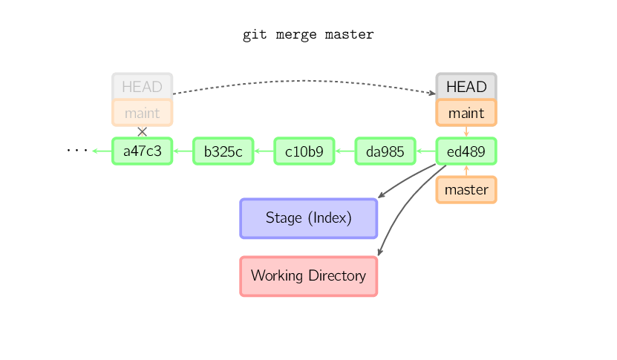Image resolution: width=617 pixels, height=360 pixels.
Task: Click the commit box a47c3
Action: [142, 151]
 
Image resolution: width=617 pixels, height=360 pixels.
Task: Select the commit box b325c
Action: [223, 151]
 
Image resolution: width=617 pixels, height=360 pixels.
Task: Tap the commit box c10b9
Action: [304, 151]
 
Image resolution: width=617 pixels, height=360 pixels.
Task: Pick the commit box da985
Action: [385, 151]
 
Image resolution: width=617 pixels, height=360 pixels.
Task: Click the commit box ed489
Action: [466, 151]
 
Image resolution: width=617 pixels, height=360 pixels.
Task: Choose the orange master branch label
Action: [466, 189]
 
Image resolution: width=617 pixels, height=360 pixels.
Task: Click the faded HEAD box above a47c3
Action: [142, 86]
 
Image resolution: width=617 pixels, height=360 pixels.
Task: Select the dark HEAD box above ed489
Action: [466, 86]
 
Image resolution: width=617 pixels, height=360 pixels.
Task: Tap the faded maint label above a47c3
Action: [142, 113]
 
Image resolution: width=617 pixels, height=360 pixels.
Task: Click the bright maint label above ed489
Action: [466, 113]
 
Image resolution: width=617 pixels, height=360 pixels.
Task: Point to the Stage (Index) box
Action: [309, 218]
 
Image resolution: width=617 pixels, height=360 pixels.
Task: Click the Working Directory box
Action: [309, 276]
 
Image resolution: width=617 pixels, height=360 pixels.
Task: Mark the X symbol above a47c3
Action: [142, 132]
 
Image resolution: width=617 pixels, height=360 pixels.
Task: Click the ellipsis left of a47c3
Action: [77, 150]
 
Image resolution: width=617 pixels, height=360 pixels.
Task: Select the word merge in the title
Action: [296, 35]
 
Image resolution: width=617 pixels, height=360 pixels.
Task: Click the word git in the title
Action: [255, 35]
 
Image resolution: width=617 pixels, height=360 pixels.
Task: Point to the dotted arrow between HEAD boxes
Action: [304, 81]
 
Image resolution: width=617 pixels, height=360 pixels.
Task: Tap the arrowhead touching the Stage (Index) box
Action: [381, 195]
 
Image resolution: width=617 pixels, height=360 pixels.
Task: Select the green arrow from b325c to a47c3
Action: [183, 151]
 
